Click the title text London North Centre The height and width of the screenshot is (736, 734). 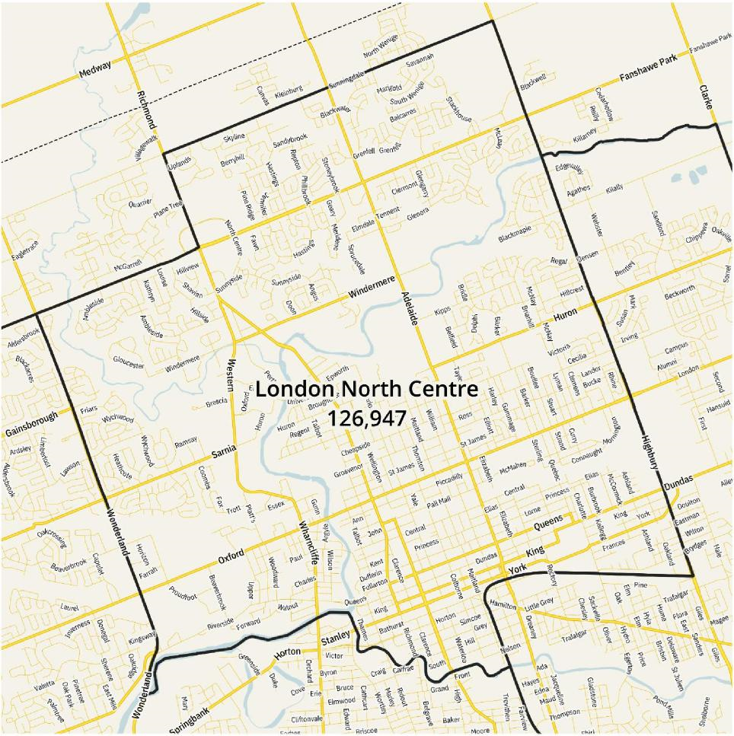pos(366,389)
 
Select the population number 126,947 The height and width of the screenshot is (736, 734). pos(366,417)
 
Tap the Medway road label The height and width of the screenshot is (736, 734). pos(95,69)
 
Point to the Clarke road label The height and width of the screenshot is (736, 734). pos(707,98)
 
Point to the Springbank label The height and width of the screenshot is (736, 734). pos(189,718)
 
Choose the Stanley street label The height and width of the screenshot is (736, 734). pos(335,633)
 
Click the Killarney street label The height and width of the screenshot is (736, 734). pos(585,136)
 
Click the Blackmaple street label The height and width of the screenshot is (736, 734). pos(515,234)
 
